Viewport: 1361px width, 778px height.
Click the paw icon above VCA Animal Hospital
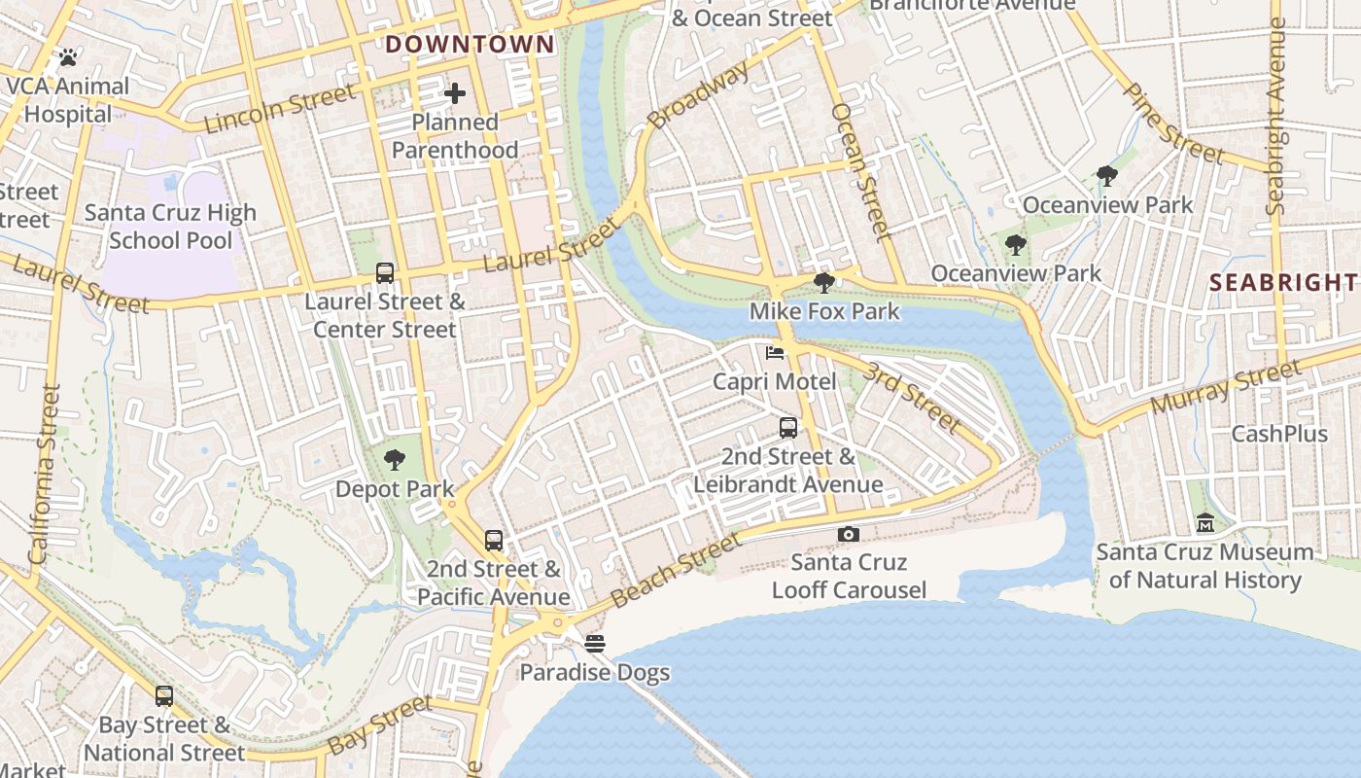[67, 57]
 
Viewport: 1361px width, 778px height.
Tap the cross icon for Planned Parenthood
[455, 93]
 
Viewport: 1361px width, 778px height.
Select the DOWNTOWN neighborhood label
[470, 44]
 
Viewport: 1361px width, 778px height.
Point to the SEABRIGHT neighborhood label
[1283, 283]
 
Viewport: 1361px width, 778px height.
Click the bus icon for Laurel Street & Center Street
[385, 273]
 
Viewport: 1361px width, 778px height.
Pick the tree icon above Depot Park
[395, 460]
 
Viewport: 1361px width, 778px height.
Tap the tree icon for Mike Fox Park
[824, 283]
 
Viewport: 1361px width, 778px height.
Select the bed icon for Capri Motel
[775, 353]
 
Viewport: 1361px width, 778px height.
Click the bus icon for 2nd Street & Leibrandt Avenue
[788, 428]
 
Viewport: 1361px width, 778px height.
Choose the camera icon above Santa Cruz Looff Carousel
[849, 534]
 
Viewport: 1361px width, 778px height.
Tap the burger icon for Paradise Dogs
[595, 643]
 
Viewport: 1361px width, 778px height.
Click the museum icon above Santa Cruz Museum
[1205, 523]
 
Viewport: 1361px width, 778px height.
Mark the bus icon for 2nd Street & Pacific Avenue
[494, 541]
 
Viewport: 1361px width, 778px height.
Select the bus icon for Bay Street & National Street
[164, 696]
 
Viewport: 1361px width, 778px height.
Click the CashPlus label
[1279, 434]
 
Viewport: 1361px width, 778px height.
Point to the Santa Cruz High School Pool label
[170, 226]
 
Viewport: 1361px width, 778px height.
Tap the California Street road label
[45, 475]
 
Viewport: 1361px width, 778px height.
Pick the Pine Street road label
[1172, 124]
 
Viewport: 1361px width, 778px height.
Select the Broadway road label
[699, 94]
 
